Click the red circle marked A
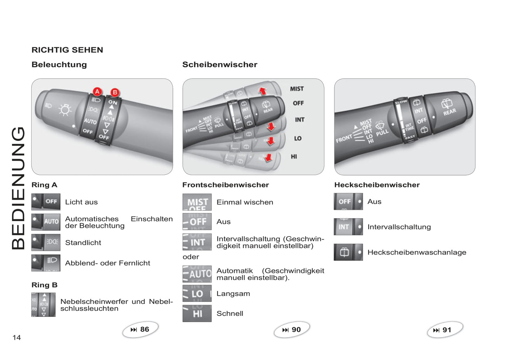[x=97, y=92]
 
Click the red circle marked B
[x=114, y=93]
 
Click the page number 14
[x=16, y=338]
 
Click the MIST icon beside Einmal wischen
[x=197, y=202]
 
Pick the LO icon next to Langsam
[x=197, y=293]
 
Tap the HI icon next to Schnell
[x=197, y=313]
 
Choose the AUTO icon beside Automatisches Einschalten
[x=46, y=222]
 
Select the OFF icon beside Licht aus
[x=46, y=202]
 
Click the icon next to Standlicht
[x=46, y=242]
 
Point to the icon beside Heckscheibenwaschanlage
[x=348, y=252]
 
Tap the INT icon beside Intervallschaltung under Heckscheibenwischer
[x=348, y=227]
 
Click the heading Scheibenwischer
[x=220, y=65]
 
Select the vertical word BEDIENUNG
[x=18, y=188]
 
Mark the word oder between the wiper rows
[x=191, y=257]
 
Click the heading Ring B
[x=44, y=285]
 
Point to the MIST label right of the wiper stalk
[x=297, y=89]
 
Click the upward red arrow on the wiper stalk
[x=262, y=91]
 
